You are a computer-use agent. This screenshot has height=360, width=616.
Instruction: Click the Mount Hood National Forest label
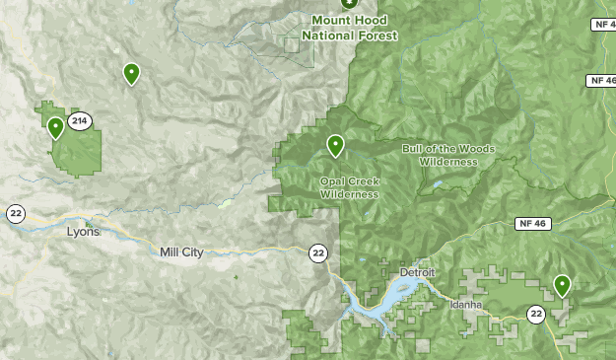tap(350, 28)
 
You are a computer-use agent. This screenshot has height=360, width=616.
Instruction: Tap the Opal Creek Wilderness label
tap(349, 187)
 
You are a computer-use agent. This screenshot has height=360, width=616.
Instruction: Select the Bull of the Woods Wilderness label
tap(448, 155)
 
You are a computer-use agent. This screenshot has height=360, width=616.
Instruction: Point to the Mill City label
tap(181, 252)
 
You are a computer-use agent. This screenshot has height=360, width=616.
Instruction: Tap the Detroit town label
tap(417, 272)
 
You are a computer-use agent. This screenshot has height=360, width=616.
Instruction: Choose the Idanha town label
tap(465, 305)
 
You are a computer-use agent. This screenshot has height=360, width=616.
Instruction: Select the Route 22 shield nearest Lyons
tap(16, 213)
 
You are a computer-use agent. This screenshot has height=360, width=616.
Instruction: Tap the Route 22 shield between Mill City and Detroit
tap(317, 253)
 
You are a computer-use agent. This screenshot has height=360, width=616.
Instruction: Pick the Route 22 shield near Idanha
tap(535, 315)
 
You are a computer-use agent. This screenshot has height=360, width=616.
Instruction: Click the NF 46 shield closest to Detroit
tap(530, 224)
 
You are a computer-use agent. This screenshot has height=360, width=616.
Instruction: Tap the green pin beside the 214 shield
tap(55, 126)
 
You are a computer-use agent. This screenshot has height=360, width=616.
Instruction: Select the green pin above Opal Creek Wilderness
tap(335, 145)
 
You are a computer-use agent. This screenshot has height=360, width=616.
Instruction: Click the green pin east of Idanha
tap(562, 285)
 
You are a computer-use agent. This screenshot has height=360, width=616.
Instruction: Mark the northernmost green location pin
tap(130, 72)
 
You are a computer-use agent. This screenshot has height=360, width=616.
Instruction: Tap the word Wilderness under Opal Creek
tap(349, 194)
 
